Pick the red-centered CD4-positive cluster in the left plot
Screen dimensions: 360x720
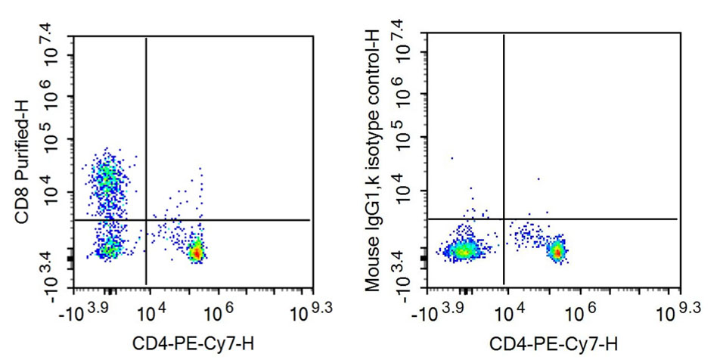coord(196,252)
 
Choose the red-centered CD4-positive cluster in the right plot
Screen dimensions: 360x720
coord(557,251)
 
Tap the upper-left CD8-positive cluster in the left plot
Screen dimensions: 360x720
coord(106,178)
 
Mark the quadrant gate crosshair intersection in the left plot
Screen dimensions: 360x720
coord(145,219)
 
